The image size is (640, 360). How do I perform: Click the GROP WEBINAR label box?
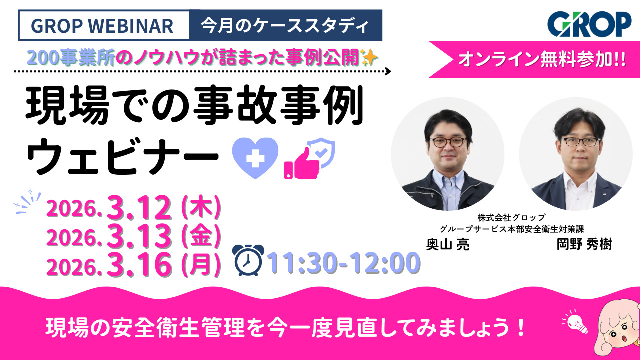(103, 25)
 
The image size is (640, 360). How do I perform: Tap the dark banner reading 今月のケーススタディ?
(286, 25)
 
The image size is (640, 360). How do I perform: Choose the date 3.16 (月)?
(134, 266)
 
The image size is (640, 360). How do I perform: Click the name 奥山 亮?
(447, 245)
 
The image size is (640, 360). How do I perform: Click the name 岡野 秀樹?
(584, 245)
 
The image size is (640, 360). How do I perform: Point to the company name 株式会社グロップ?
(511, 218)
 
